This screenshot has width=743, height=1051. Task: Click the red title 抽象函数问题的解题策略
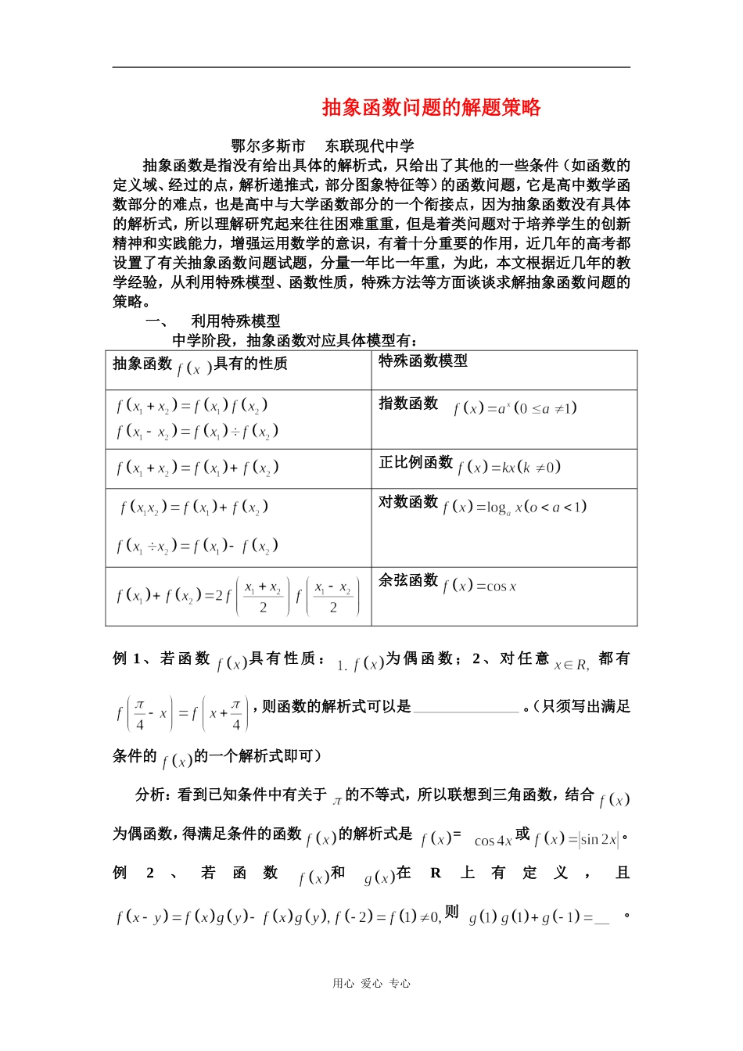click(431, 108)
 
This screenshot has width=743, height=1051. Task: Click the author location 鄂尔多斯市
click(267, 146)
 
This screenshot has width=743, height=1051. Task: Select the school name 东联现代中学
click(370, 146)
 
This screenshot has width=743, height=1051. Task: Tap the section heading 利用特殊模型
click(235, 321)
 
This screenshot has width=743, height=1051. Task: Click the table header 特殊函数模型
click(423, 361)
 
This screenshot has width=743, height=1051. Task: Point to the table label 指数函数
click(408, 404)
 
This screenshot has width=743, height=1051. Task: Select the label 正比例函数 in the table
click(416, 463)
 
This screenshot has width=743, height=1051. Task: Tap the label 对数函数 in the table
click(408, 502)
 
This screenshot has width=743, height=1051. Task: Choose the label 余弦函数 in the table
click(408, 580)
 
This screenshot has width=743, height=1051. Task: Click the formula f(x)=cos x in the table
click(479, 586)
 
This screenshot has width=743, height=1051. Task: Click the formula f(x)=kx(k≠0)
click(509, 468)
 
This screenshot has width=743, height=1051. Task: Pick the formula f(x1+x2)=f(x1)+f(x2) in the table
click(197, 468)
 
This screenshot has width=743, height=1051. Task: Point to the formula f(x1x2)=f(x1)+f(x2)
click(194, 508)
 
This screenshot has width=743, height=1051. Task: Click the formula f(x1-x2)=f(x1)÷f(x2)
click(197, 432)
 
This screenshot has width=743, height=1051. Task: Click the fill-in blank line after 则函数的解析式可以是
click(466, 708)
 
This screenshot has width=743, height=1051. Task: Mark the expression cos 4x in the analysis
click(493, 841)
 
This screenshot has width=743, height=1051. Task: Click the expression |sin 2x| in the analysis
click(598, 840)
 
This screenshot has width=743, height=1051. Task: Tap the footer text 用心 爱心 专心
click(371, 984)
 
